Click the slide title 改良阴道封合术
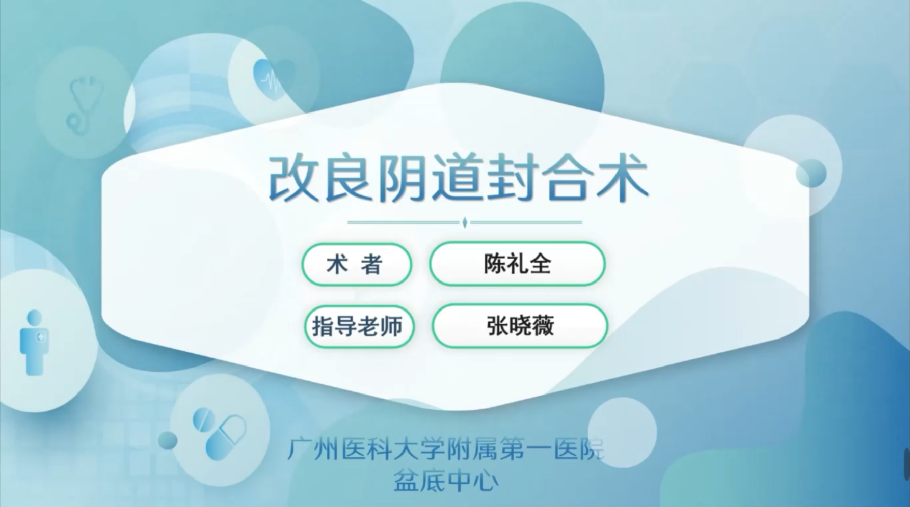click(458, 178)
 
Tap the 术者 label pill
click(357, 265)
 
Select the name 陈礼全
click(517, 264)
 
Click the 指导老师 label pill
click(359, 326)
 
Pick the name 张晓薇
click(520, 326)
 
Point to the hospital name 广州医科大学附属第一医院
click(445, 449)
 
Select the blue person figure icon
click(34, 342)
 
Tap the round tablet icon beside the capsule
click(204, 420)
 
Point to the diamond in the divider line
click(465, 222)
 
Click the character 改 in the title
click(293, 179)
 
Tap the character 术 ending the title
click(623, 178)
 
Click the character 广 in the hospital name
click(298, 449)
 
